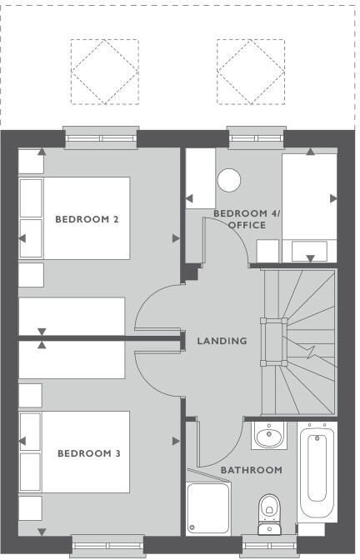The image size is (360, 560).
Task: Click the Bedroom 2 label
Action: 87,219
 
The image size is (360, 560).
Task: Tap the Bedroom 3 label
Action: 88,453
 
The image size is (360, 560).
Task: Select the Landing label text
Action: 222,341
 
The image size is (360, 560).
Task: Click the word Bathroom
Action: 251,470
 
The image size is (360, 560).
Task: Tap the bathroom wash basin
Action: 268,435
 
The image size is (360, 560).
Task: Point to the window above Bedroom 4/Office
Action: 251,136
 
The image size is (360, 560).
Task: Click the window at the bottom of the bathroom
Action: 269,545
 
